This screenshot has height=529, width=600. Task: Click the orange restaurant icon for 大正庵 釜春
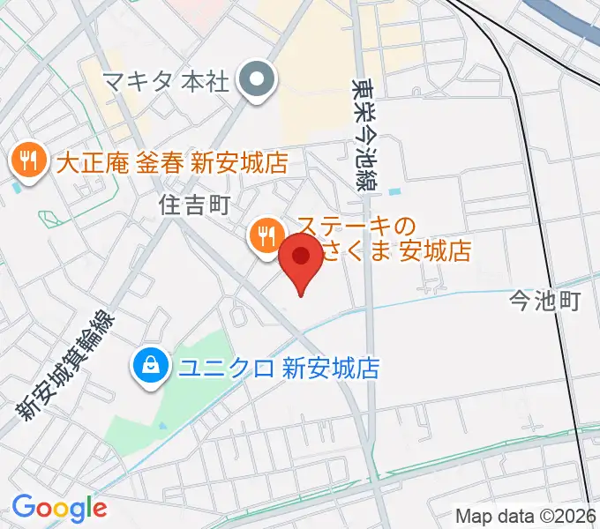click(x=28, y=161)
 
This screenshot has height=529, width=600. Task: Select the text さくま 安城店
click(x=394, y=252)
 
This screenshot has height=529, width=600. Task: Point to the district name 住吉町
click(x=195, y=205)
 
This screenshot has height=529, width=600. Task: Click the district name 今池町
click(x=544, y=302)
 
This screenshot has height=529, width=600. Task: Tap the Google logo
click(x=59, y=508)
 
